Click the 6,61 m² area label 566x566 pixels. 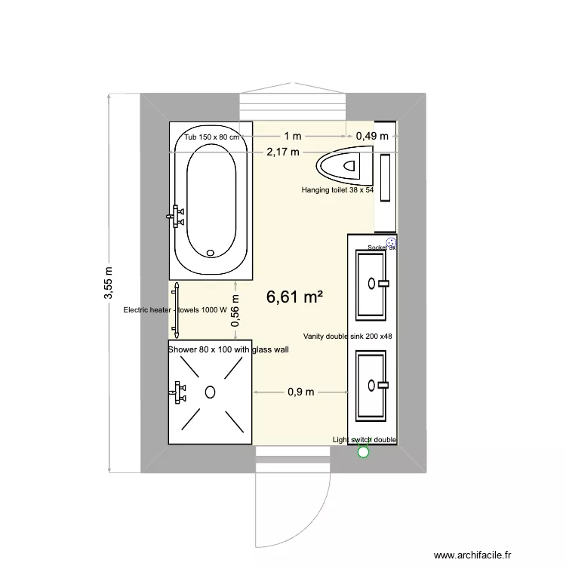tap(294, 297)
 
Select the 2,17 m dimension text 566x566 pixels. tap(282, 152)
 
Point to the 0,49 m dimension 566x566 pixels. tap(372, 136)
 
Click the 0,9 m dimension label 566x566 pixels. tap(301, 392)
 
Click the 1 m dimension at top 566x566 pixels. tap(292, 136)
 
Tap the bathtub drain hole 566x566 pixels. tap(211, 254)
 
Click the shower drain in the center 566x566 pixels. tap(211, 391)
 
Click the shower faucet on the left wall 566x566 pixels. tap(178, 392)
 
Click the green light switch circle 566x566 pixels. tap(363, 452)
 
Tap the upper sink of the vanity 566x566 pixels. tap(371, 284)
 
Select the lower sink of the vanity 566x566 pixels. tap(371, 386)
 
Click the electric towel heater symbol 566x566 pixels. tap(177, 309)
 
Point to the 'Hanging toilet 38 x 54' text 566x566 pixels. tap(337, 191)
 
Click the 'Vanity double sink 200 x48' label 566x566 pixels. tap(347, 337)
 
